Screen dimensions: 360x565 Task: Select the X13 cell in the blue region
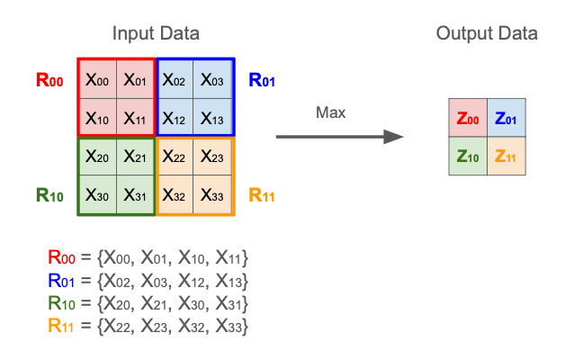pos(213,117)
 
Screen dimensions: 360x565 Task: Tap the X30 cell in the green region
pos(97,194)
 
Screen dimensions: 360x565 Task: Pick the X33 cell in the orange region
pos(213,194)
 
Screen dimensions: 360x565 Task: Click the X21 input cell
pos(136,157)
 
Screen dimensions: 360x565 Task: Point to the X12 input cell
pos(175,117)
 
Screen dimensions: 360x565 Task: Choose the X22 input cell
pos(175,157)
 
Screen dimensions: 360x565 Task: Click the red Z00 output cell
pos(468,118)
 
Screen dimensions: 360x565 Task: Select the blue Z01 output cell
pos(506,118)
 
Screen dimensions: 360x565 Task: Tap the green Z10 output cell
pos(468,156)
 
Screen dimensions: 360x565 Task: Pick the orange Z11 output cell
pos(506,156)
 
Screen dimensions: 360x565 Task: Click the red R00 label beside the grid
pos(49,80)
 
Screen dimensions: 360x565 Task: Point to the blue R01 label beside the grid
pos(262,80)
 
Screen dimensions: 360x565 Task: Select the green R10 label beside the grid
pos(49,194)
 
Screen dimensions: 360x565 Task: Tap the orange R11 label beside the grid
pos(262,194)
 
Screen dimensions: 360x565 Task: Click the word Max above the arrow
pos(331,113)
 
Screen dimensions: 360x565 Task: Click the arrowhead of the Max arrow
pos(393,137)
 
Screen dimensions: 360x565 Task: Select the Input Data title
pos(156,34)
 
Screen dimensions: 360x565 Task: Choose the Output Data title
pos(487,34)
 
